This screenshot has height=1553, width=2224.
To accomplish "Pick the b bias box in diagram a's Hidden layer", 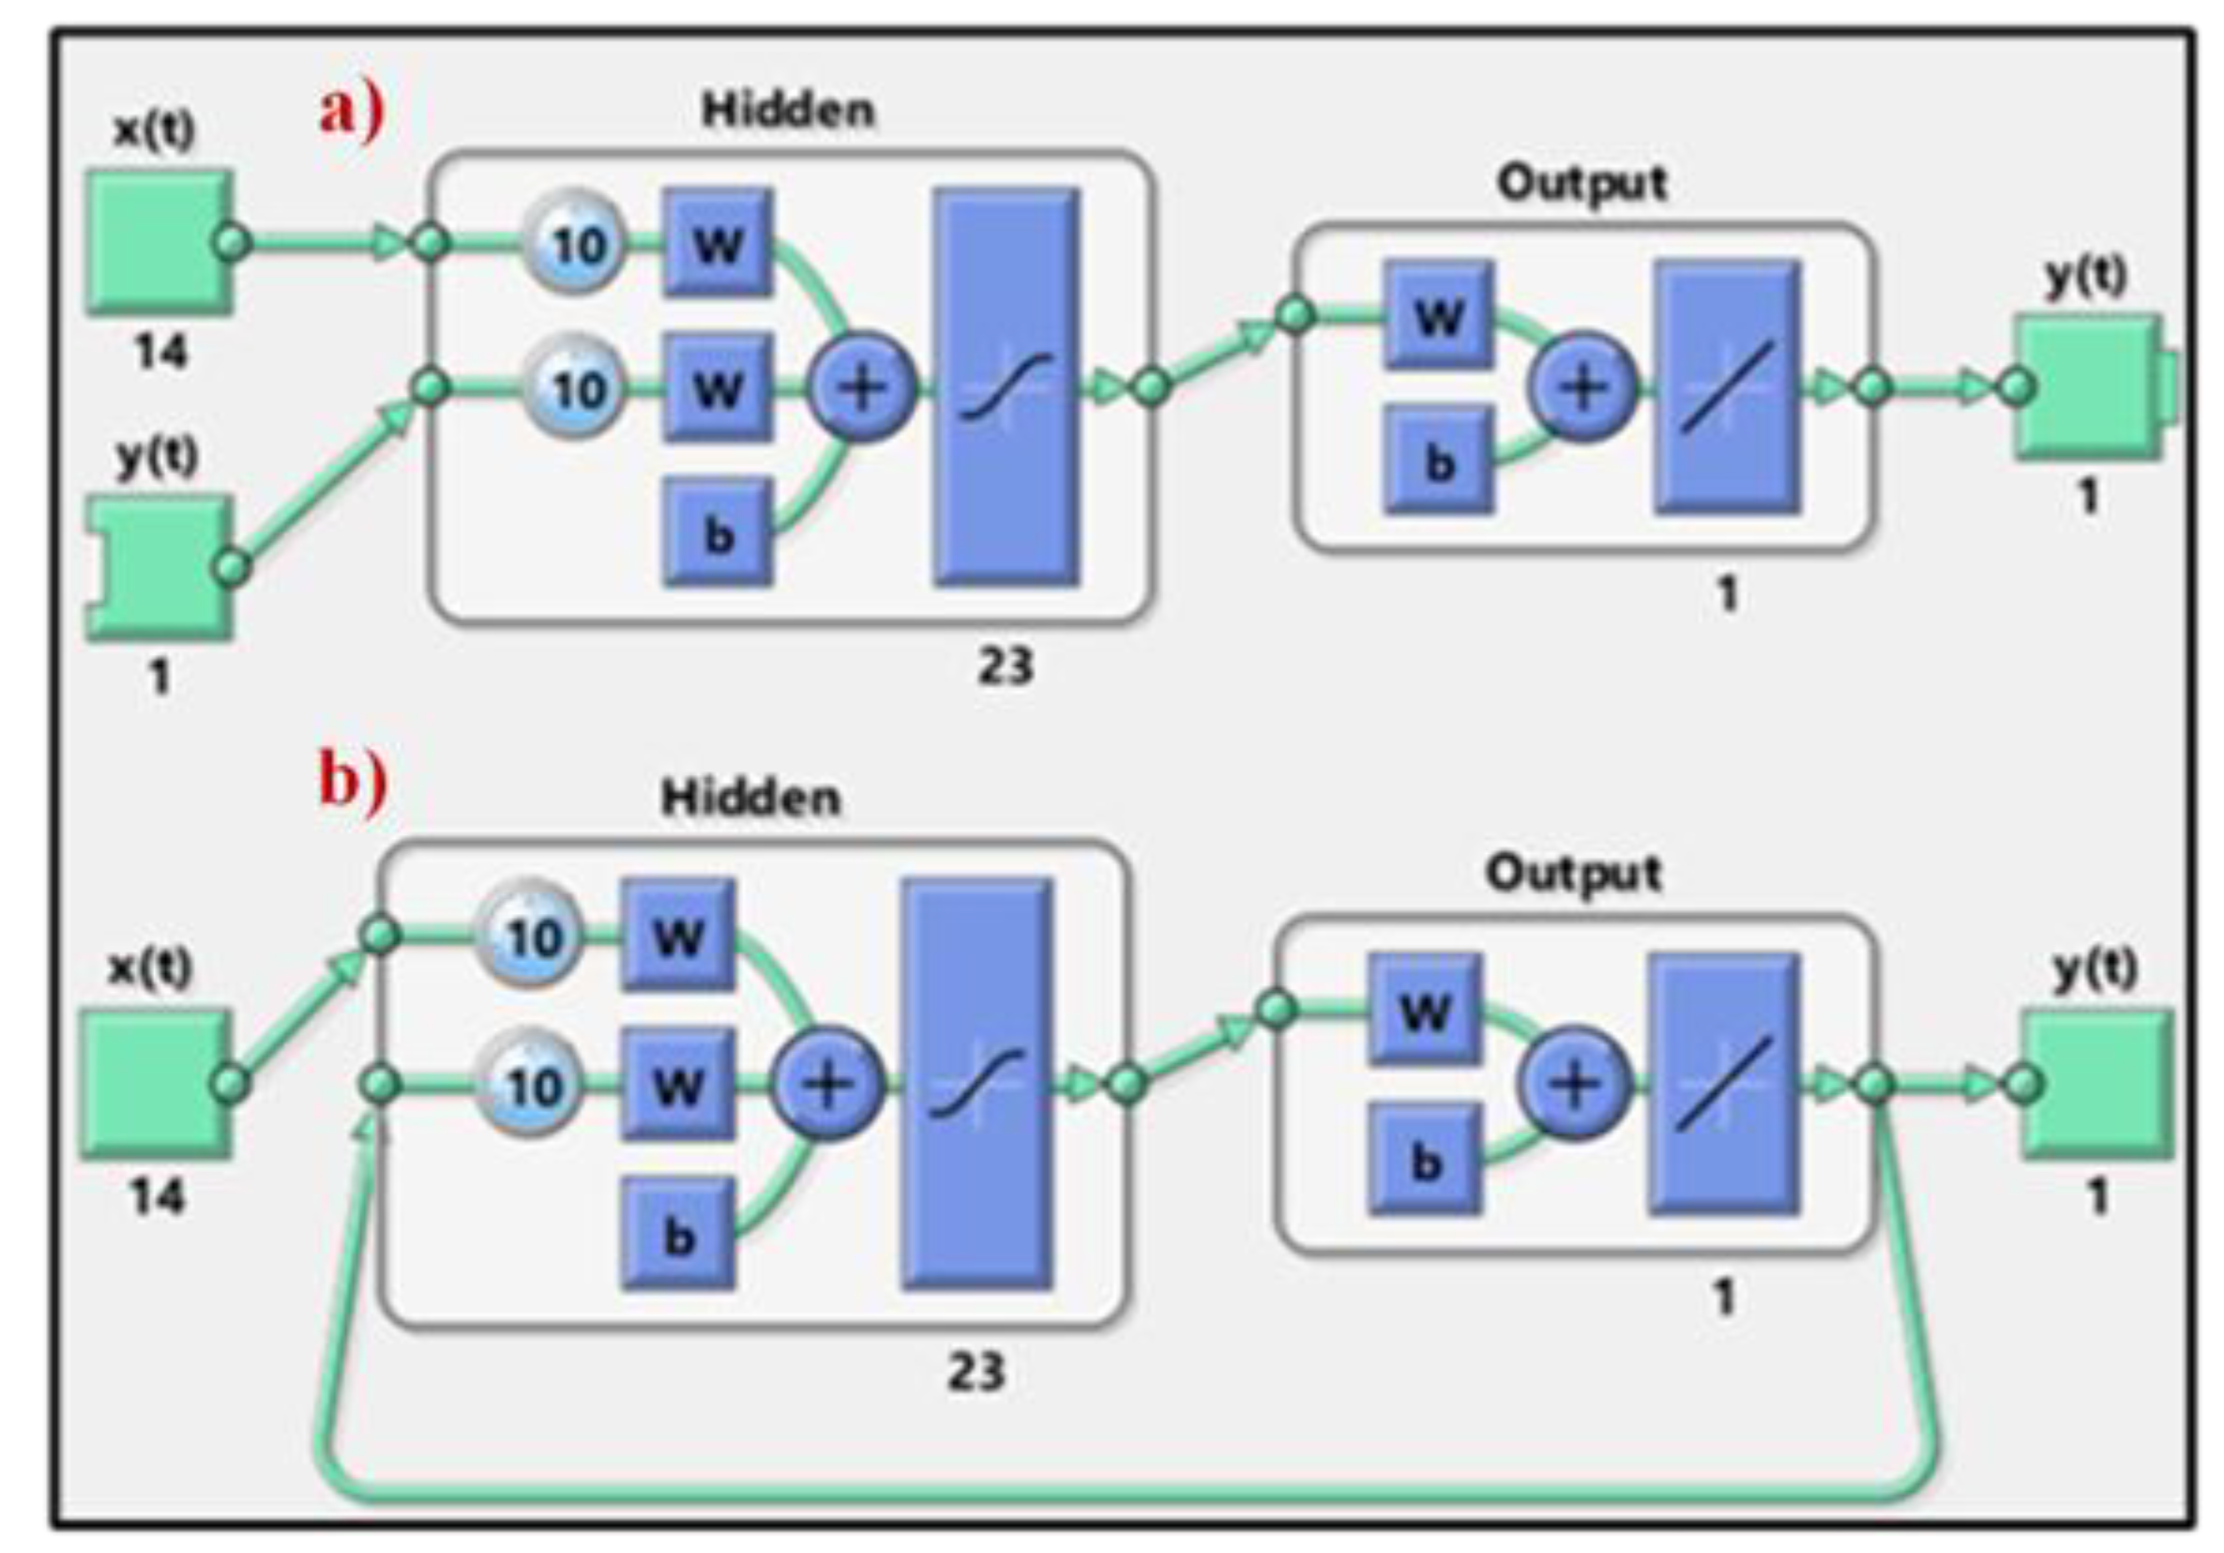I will point(718,532).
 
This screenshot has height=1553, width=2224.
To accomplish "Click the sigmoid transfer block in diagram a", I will point(1006,388).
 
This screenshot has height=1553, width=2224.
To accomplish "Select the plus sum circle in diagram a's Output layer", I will point(1582,388).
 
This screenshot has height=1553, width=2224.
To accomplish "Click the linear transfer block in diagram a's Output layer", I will point(1728,388).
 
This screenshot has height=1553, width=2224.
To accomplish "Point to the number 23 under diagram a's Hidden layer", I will point(1005,666).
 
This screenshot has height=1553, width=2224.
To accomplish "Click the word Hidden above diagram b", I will point(750,799).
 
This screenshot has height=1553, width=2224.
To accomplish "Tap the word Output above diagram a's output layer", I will point(1582,183).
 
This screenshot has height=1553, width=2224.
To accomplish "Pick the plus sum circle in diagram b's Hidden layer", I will point(826,1083).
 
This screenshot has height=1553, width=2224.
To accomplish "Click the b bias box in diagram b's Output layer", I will point(1425,1159).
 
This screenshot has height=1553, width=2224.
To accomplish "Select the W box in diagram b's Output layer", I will point(1425,1011).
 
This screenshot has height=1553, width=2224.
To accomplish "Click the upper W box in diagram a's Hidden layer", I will point(718,243).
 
